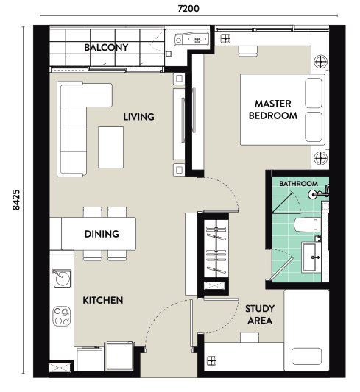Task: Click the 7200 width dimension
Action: click(x=188, y=9)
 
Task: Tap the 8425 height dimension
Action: click(x=16, y=200)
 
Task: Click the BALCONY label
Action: click(x=106, y=47)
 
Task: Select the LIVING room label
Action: click(x=138, y=117)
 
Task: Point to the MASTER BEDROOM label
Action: click(x=272, y=110)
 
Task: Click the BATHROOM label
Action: click(x=298, y=184)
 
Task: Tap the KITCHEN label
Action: click(x=103, y=300)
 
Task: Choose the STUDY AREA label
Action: click(x=260, y=315)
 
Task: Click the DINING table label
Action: click(x=102, y=234)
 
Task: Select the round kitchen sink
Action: click(x=62, y=278)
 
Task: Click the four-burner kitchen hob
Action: click(x=62, y=316)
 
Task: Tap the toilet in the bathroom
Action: click(x=308, y=225)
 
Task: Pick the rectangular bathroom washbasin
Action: click(x=311, y=257)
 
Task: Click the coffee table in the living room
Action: click(x=111, y=147)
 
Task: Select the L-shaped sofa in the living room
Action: click(x=75, y=129)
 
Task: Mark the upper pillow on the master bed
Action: click(x=314, y=93)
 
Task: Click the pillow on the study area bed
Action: click(x=306, y=356)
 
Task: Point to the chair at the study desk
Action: click(x=250, y=338)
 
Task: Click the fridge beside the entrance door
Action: click(x=119, y=356)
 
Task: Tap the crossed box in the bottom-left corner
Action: click(x=60, y=367)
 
